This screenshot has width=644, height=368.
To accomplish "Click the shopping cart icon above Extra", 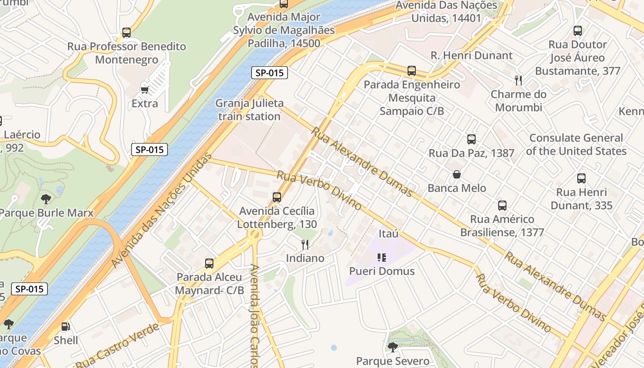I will coord(144,90).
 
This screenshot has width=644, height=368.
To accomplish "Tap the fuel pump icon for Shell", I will coord(66,327).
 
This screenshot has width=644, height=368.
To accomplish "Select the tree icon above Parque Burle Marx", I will coord(46,199).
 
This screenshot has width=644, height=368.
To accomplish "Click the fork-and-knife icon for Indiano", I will coord(305,244).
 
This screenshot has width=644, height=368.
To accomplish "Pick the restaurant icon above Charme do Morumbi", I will coord(518,80).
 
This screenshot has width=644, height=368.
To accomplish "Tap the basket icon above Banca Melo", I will coord(457,174).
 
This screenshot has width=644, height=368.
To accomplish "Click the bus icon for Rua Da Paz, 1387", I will coord(471,139).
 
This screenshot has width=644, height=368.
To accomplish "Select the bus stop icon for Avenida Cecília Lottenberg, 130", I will coord(277,197).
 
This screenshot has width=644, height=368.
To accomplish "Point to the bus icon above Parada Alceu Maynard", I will coord(209,264).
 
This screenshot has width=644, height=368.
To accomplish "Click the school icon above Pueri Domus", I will coord(381,257).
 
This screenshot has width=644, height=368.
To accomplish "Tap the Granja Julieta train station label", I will coord(249,109).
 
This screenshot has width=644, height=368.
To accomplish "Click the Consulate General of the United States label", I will coord(576,144).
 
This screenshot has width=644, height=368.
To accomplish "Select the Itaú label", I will coord(388,234).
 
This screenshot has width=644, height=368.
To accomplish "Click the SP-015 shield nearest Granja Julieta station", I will coord(270,72).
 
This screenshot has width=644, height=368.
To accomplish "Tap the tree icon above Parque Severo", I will coord(392,347).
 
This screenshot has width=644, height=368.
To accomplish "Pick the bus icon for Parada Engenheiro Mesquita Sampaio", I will coord(412,71).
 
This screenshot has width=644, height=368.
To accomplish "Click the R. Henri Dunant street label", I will coord(471,55).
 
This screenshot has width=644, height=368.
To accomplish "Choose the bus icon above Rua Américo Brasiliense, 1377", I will coord(502,205).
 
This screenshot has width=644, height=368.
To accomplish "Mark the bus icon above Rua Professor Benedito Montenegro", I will coord(126,33).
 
